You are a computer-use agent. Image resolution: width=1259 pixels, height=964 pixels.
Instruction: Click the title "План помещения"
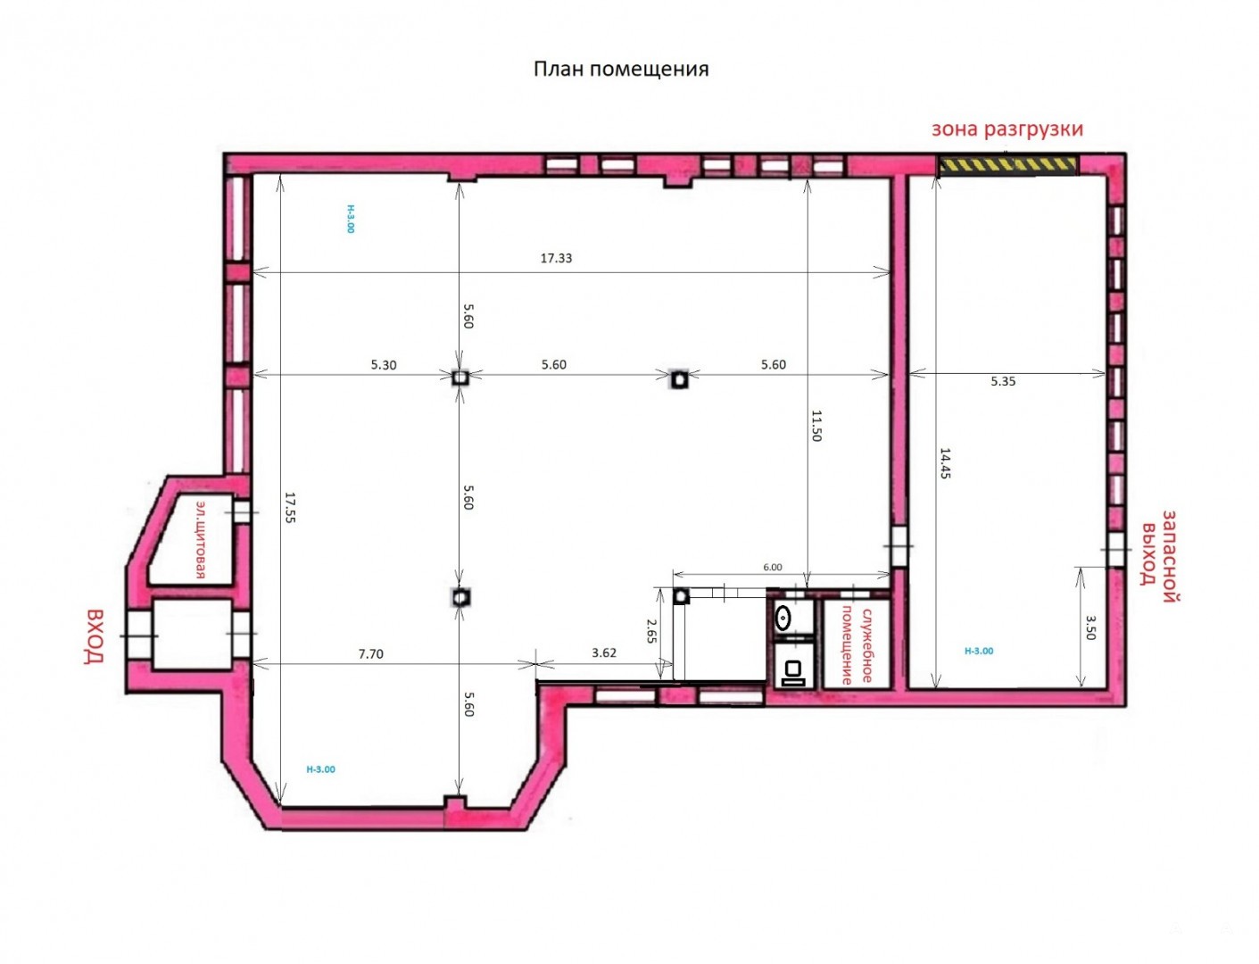pyautogui.click(x=621, y=70)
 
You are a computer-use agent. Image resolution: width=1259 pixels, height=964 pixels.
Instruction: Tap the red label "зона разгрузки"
pyautogui.click(x=1006, y=129)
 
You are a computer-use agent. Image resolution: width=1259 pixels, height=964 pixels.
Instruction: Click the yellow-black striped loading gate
pyautogui.click(x=1006, y=165)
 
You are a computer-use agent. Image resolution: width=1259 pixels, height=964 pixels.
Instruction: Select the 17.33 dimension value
pyautogui.click(x=556, y=258)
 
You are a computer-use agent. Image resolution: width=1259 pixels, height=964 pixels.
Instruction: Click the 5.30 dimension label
pyautogui.click(x=383, y=365)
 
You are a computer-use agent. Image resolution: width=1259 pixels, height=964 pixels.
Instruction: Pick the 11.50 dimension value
pyautogui.click(x=816, y=425)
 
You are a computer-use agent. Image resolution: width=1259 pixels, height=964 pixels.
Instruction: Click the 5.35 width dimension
pyautogui.click(x=1003, y=381)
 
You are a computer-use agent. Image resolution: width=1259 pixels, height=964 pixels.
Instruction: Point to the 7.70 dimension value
pyautogui.click(x=370, y=653)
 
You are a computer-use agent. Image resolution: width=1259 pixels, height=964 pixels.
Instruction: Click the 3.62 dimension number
pyautogui.click(x=603, y=652)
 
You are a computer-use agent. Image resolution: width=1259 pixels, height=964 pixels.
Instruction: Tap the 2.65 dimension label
pyautogui.click(x=651, y=630)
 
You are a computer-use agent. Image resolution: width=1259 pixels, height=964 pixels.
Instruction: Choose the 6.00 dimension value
pyautogui.click(x=772, y=567)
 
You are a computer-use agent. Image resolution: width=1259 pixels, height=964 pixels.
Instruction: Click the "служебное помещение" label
pyautogui.click(x=857, y=645)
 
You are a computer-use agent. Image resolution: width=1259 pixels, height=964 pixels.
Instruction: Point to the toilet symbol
pyautogui.click(x=792, y=672)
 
